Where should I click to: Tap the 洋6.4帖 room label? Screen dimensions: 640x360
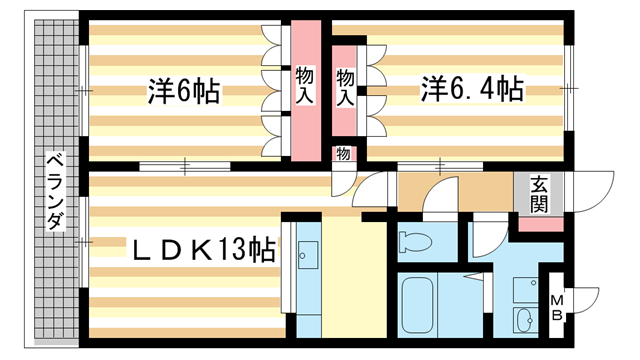click(471, 90)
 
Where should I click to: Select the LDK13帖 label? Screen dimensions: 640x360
click(189, 249)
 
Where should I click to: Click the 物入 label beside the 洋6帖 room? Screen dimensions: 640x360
click(306, 84)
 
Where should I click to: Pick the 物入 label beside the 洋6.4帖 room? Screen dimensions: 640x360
click(346, 86)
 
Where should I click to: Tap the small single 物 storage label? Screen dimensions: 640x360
click(343, 154)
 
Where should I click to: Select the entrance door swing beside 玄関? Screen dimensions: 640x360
click(590, 192)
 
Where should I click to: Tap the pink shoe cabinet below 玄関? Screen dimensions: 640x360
click(539, 223)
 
